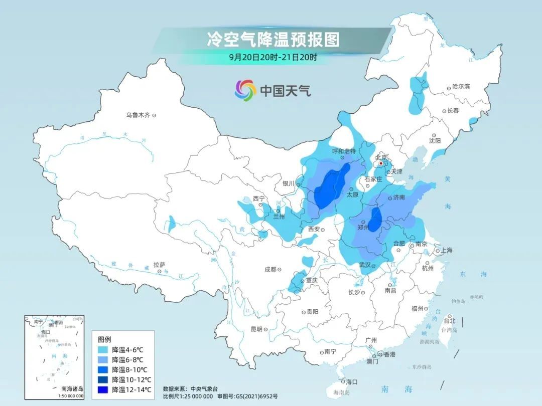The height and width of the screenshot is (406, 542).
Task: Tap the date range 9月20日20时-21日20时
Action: point(273,57)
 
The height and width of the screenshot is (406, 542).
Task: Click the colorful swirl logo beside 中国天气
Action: point(245,90)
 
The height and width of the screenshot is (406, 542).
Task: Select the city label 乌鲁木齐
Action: point(138,115)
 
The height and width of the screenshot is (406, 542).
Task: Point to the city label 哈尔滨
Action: point(461,87)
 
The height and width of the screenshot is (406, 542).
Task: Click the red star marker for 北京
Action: point(381,163)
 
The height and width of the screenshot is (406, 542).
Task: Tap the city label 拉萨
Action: point(160,265)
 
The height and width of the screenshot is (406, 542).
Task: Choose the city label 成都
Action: point(270,269)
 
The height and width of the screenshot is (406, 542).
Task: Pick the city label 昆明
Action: point(256,329)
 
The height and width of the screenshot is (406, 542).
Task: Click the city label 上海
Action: point(446,251)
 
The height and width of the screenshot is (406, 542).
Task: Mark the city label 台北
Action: point(450,321)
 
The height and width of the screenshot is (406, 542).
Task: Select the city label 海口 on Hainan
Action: point(352,381)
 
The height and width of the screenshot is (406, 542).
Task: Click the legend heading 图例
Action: point(104,339)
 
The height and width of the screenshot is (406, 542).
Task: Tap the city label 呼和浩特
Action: point(344,151)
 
